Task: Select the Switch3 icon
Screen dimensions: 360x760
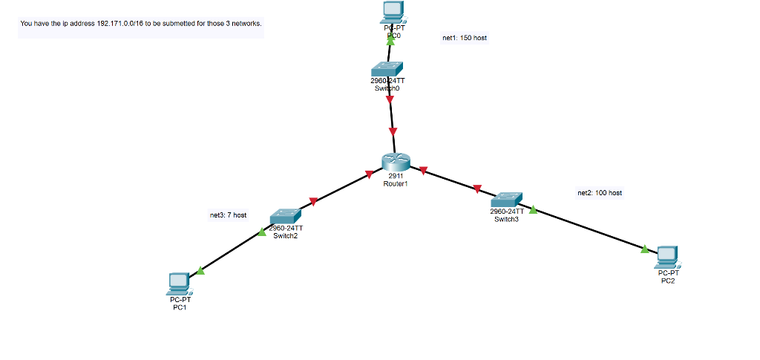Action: pos(507,199)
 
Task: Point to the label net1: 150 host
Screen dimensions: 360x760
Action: pos(465,37)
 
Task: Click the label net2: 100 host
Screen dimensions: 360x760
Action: pos(600,193)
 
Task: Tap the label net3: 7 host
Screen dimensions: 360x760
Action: pos(228,215)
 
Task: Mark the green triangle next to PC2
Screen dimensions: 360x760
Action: pos(645,249)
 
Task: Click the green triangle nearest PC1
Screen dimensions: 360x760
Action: pos(200,271)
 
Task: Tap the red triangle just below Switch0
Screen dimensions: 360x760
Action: pos(390,99)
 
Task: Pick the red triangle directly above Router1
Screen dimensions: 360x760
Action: pos(393,131)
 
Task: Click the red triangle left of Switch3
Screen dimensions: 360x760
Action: pos(478,189)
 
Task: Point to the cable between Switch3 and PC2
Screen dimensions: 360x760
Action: pos(586,229)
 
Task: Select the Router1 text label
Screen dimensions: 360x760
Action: pos(396,183)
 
